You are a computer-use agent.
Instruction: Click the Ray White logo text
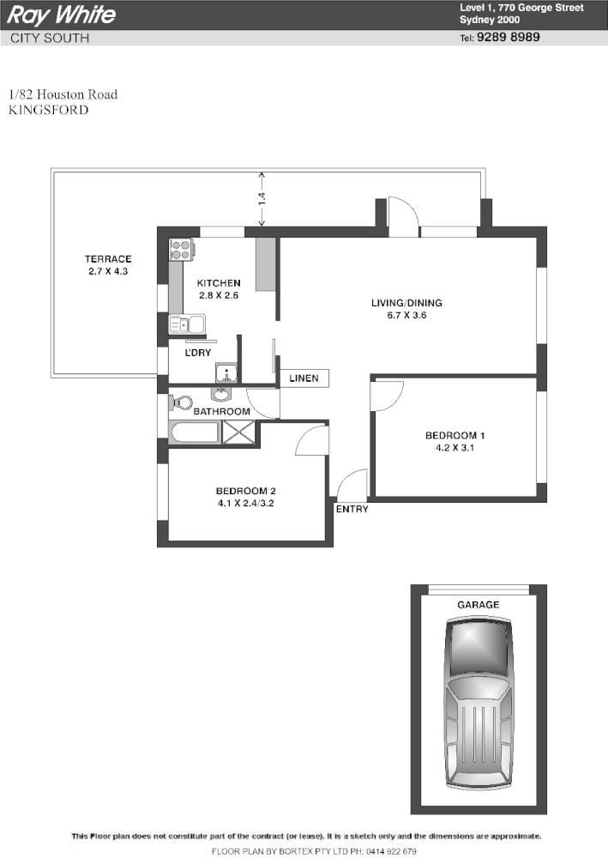[x=61, y=15]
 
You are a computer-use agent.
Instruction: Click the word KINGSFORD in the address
[x=48, y=110]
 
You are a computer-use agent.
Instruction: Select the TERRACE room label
[x=108, y=259]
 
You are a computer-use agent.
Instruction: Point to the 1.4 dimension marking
[x=262, y=196]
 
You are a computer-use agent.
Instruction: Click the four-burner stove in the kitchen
[x=181, y=250]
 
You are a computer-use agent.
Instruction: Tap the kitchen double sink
[x=186, y=324]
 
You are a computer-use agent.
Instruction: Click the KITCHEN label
[x=219, y=283]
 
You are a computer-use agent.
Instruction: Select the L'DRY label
[x=198, y=353]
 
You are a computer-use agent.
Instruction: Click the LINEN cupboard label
[x=304, y=378]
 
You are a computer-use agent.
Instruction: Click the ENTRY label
[x=352, y=509]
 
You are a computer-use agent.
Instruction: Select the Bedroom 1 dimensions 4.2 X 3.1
[x=454, y=448]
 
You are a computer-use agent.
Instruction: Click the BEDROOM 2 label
[x=245, y=492]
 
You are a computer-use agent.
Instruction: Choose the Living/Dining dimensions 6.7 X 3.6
[x=406, y=315]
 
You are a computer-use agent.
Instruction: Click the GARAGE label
[x=478, y=605]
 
